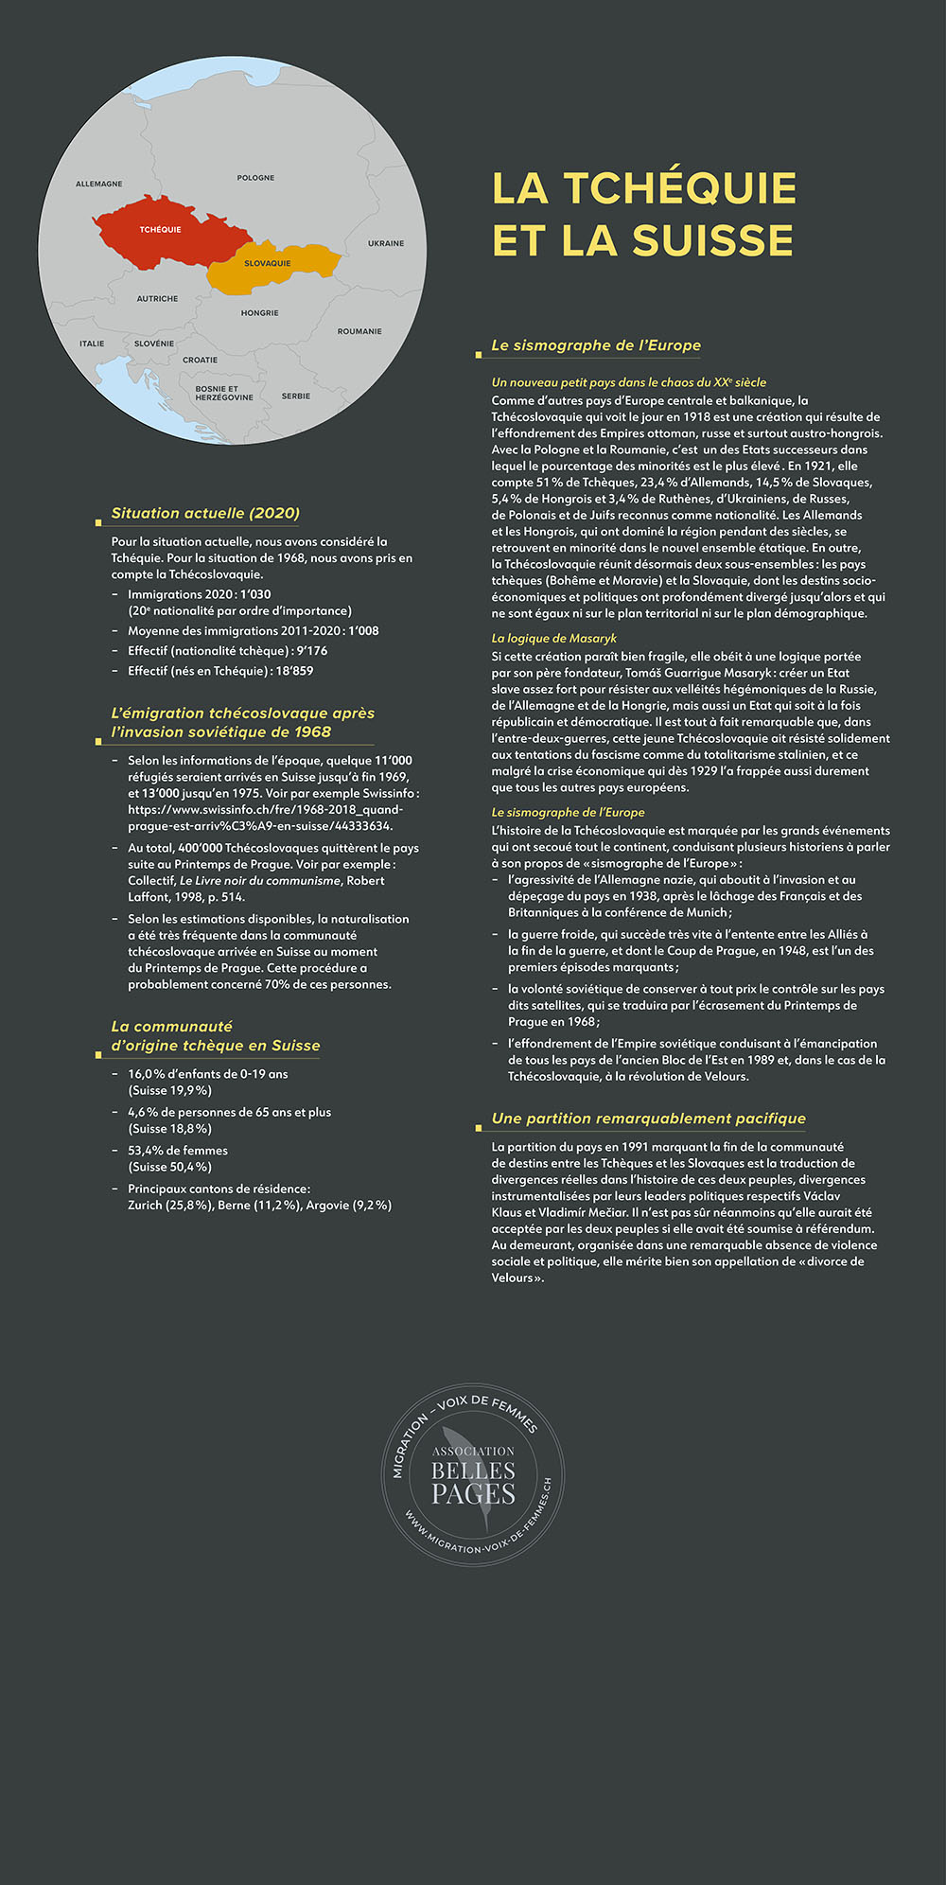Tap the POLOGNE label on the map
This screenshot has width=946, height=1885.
[255, 178]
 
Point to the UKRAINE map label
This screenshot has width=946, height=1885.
[386, 243]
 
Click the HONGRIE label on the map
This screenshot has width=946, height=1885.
[259, 313]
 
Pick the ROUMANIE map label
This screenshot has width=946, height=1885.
[359, 331]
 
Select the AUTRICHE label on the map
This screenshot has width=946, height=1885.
[157, 299]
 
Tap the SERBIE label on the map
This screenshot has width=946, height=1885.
[295, 396]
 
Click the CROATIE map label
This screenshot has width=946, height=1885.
[200, 360]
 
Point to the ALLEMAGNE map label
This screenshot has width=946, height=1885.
[99, 184]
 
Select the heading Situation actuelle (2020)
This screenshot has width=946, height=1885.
[205, 513]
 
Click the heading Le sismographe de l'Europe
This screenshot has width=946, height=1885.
[596, 345]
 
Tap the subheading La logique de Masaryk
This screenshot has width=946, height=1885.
[553, 639]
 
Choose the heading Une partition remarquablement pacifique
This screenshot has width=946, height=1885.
[648, 1119]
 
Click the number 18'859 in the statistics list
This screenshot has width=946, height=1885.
[294, 671]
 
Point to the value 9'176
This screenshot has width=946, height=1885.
[311, 651]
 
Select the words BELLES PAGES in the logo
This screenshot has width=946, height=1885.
[473, 1482]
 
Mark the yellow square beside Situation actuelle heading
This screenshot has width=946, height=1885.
[98, 522]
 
